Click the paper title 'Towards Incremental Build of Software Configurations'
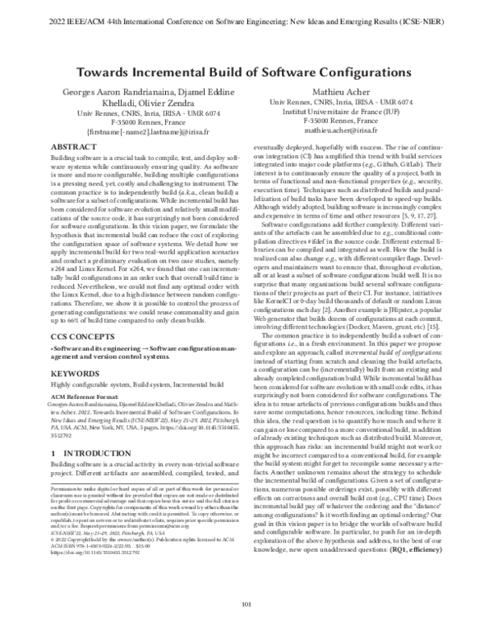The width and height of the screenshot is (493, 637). (246, 72)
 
